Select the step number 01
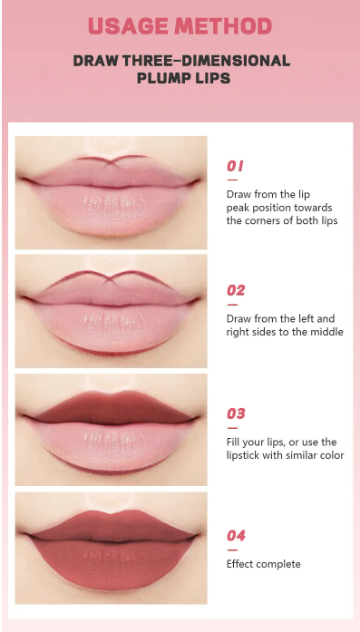tap(235, 167)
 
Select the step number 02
tap(236, 291)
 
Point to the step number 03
tap(236, 413)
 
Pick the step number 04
tap(236, 536)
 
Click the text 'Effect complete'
tap(263, 564)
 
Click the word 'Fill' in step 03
tap(234, 442)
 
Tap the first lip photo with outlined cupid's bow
tap(111, 192)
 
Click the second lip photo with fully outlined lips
tap(111, 306)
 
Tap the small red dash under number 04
tap(232, 549)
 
